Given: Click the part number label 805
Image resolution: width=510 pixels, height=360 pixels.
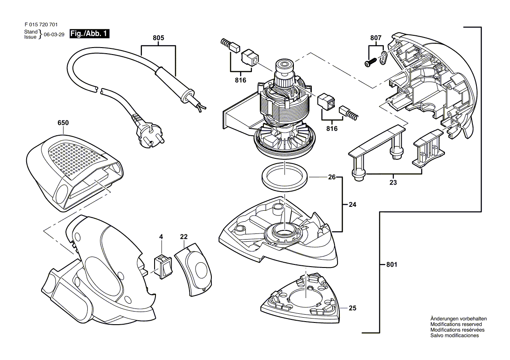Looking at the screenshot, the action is click(159, 38).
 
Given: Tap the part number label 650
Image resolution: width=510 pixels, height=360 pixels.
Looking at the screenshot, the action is click(63, 123).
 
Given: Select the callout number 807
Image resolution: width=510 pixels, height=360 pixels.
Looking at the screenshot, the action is click(376, 38).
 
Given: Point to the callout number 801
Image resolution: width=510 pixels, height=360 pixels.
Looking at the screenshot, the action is click(392, 264).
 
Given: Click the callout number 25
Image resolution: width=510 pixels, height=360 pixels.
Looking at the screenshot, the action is click(352, 308).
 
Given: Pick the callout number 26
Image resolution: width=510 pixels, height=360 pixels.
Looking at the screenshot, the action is click(331, 177).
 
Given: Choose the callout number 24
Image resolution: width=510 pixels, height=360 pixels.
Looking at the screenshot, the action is click(352, 204).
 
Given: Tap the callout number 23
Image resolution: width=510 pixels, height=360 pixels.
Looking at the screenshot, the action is click(393, 182).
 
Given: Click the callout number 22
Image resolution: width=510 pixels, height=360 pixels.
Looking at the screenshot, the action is click(184, 237).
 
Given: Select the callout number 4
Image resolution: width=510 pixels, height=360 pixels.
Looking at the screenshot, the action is click(161, 237).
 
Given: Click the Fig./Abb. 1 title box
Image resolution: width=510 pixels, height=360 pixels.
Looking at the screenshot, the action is click(90, 34).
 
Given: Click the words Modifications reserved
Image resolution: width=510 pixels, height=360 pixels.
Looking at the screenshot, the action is click(456, 324).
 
